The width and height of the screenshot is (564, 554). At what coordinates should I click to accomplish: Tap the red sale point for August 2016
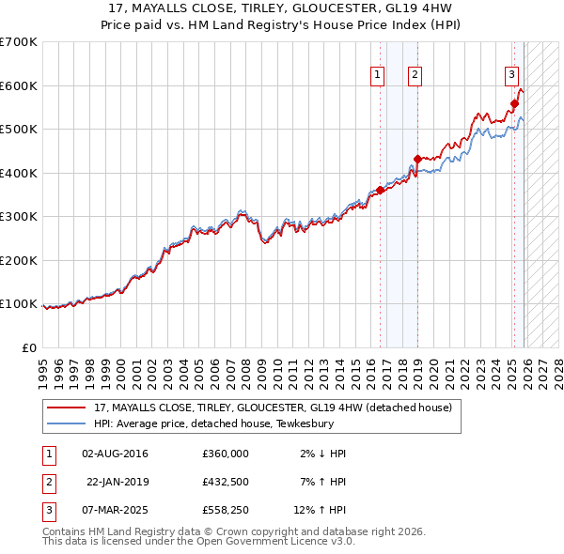click(x=381, y=191)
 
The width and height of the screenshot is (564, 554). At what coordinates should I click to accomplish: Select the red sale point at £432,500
click(x=417, y=159)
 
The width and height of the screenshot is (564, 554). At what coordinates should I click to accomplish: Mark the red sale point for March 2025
click(x=514, y=104)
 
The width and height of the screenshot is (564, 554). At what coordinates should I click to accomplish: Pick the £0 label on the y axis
click(x=28, y=347)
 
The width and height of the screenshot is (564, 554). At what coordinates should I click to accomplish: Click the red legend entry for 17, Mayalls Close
click(x=273, y=408)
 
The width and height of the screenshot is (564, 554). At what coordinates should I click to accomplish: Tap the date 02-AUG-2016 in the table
click(x=115, y=454)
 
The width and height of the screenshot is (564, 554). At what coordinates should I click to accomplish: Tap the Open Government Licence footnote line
click(x=199, y=541)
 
